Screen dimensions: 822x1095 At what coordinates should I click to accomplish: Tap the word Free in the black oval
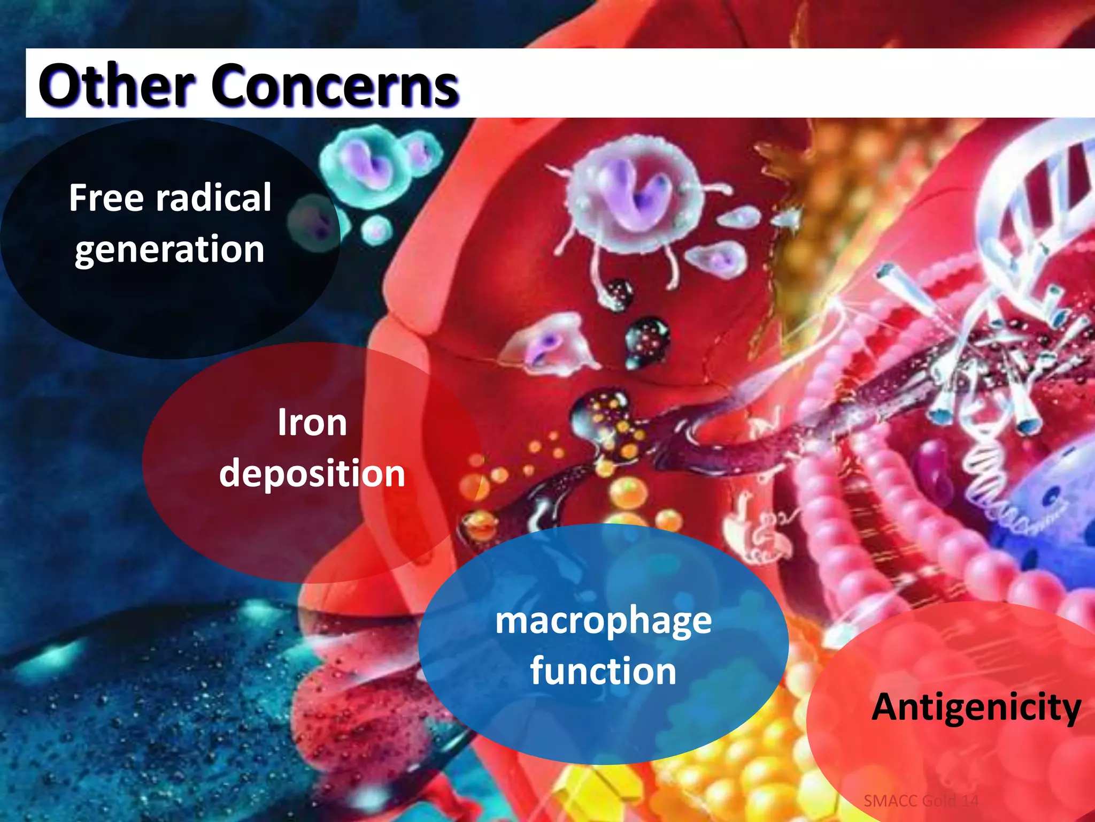(x=106, y=198)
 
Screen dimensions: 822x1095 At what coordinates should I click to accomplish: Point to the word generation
(x=169, y=249)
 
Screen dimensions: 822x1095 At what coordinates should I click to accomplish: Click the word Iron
(x=312, y=423)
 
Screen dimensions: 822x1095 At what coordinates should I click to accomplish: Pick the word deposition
(x=312, y=474)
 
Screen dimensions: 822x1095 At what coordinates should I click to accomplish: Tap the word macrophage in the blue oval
(x=603, y=621)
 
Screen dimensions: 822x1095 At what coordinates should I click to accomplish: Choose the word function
(x=603, y=671)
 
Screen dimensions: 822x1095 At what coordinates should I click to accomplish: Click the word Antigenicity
(x=976, y=707)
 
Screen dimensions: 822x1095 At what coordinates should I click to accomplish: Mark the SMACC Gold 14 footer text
(x=921, y=801)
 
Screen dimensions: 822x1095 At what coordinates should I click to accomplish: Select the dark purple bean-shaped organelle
(x=933, y=466)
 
